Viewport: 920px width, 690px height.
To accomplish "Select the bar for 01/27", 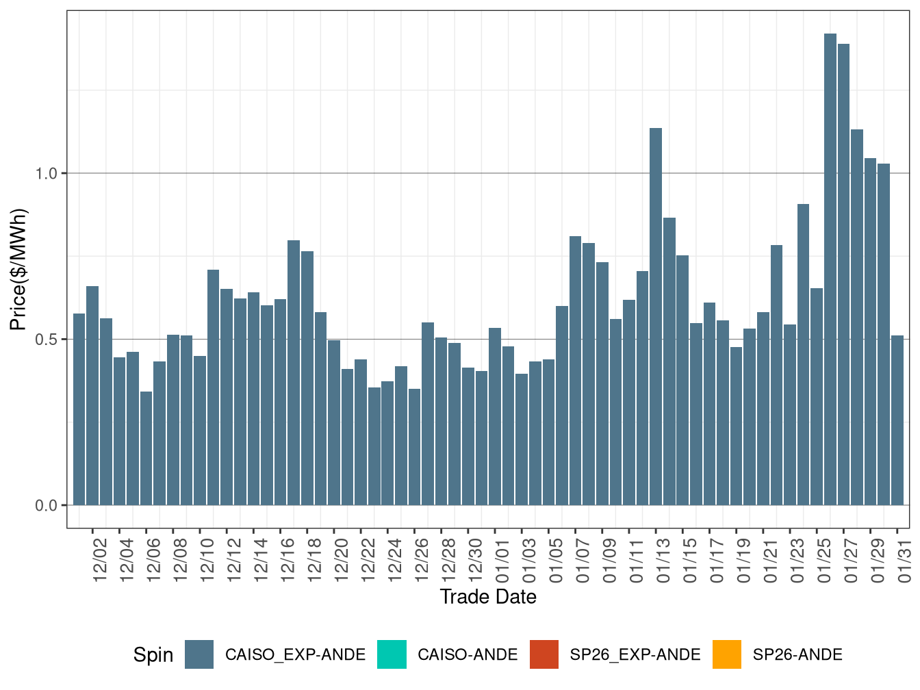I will (x=843, y=274).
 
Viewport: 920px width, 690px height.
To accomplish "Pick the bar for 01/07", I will (x=575, y=370).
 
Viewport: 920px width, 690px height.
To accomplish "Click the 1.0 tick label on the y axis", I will (x=47, y=173).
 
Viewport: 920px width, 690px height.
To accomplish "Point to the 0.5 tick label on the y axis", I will (x=47, y=340).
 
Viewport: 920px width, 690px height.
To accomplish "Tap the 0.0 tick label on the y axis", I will (x=47, y=505).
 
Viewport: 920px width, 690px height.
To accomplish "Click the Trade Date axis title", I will (x=487, y=597).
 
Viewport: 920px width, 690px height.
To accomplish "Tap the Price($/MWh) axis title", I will (x=18, y=269).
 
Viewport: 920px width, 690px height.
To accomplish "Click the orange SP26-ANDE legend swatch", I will (x=726, y=654).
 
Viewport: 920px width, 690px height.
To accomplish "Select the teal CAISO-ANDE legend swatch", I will (x=392, y=654).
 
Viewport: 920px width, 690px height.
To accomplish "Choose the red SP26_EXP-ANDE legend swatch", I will (x=544, y=654).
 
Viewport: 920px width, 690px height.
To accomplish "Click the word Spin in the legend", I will (x=153, y=655).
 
